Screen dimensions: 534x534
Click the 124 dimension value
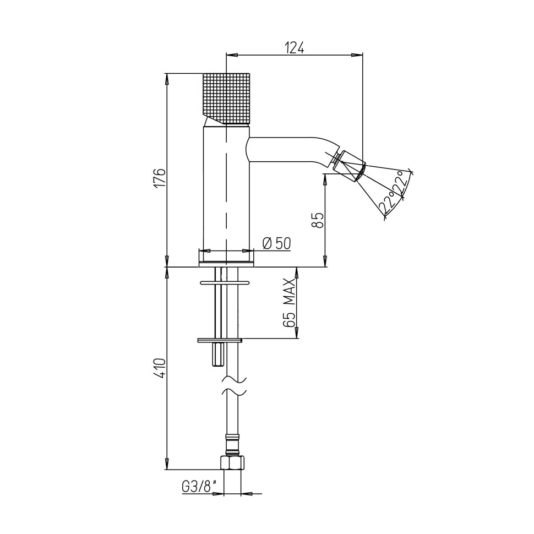(294, 48)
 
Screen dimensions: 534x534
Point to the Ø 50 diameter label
(276, 243)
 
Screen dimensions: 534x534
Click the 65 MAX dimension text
(289, 303)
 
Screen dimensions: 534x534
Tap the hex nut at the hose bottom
(233, 462)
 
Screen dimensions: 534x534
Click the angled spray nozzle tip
(348, 166)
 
